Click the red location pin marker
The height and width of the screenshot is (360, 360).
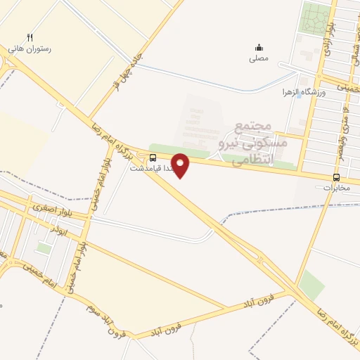pos(181,165)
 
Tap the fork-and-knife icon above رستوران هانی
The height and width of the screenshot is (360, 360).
pos(30,37)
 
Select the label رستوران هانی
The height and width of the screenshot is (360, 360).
pos(30,50)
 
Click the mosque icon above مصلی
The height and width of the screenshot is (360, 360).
pos(259,47)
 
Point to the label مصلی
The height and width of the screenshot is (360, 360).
pos(259,59)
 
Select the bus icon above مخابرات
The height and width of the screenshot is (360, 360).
pos(336,177)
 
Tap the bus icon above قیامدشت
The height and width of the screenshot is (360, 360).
pos(153,157)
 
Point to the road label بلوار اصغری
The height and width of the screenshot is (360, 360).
pos(47,209)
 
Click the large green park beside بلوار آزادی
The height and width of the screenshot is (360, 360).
pos(315,18)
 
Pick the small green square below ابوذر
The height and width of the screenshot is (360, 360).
pos(44,247)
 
